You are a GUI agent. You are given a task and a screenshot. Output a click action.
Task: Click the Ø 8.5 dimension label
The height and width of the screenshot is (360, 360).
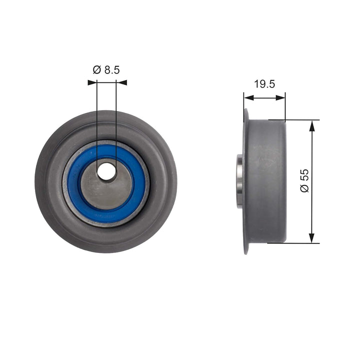(106, 70)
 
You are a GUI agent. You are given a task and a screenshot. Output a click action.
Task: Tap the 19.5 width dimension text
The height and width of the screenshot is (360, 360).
(264, 84)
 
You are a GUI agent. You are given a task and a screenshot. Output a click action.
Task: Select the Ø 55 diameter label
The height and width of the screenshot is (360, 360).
(304, 180)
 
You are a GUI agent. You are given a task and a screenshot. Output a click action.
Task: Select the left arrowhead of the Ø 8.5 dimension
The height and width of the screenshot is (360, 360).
(91, 82)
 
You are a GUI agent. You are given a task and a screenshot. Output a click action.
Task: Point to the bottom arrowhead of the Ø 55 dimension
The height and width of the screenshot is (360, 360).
(312, 238)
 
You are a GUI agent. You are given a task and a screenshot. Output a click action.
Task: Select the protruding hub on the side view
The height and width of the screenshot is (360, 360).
(239, 180)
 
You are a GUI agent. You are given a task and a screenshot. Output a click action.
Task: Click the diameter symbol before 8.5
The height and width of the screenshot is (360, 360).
(96, 70)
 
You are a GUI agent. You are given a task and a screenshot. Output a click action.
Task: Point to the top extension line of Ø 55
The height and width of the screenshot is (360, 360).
(295, 120)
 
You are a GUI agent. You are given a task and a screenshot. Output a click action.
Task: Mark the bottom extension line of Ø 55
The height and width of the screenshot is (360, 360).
(295, 243)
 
